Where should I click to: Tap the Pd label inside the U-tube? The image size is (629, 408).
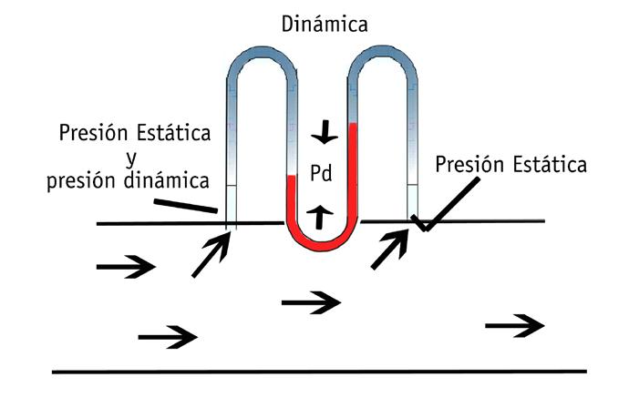point(320,173)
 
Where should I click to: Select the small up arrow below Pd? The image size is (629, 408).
point(318,215)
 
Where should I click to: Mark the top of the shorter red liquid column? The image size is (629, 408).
point(293,177)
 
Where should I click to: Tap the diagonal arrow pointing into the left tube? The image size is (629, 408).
point(210,255)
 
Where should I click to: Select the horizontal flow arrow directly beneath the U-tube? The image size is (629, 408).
point(312,301)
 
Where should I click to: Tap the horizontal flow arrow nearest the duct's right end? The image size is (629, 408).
point(515,325)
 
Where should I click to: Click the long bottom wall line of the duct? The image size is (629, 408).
point(319,372)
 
